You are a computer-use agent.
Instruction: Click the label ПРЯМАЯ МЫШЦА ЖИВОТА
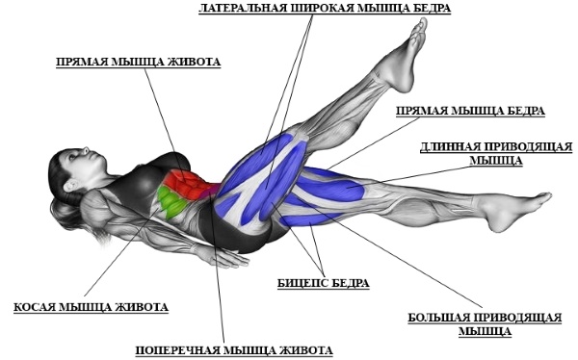(138, 62)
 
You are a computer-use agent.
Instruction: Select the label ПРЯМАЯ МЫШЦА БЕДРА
(469, 111)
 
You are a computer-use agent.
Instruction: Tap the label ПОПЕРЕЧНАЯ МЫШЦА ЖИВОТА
(234, 348)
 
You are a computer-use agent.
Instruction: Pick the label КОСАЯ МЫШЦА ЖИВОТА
(91, 307)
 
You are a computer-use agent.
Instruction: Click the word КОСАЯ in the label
(35, 307)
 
